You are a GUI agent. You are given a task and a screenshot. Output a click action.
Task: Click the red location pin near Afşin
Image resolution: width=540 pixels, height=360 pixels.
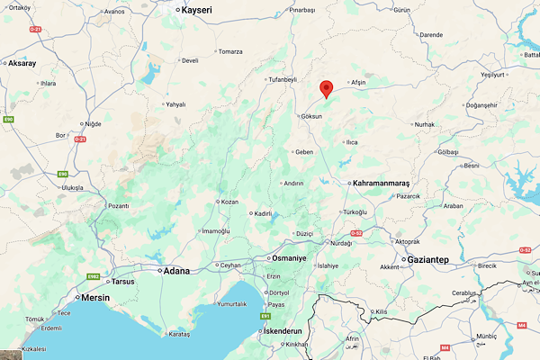(327, 88)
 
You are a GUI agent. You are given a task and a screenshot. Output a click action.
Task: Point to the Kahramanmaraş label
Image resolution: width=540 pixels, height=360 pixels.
(386, 183)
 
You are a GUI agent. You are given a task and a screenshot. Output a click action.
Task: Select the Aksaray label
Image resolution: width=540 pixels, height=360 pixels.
(23, 64)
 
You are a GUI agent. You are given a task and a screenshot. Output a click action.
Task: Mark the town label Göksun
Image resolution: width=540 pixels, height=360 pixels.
(312, 117)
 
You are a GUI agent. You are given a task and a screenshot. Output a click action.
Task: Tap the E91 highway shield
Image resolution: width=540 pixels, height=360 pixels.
(265, 316)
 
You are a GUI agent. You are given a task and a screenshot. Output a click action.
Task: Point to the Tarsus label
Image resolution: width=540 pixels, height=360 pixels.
(122, 280)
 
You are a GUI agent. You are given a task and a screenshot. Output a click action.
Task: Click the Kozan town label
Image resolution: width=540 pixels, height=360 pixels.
(230, 202)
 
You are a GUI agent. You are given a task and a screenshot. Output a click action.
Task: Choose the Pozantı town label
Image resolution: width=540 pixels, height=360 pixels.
(118, 206)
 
